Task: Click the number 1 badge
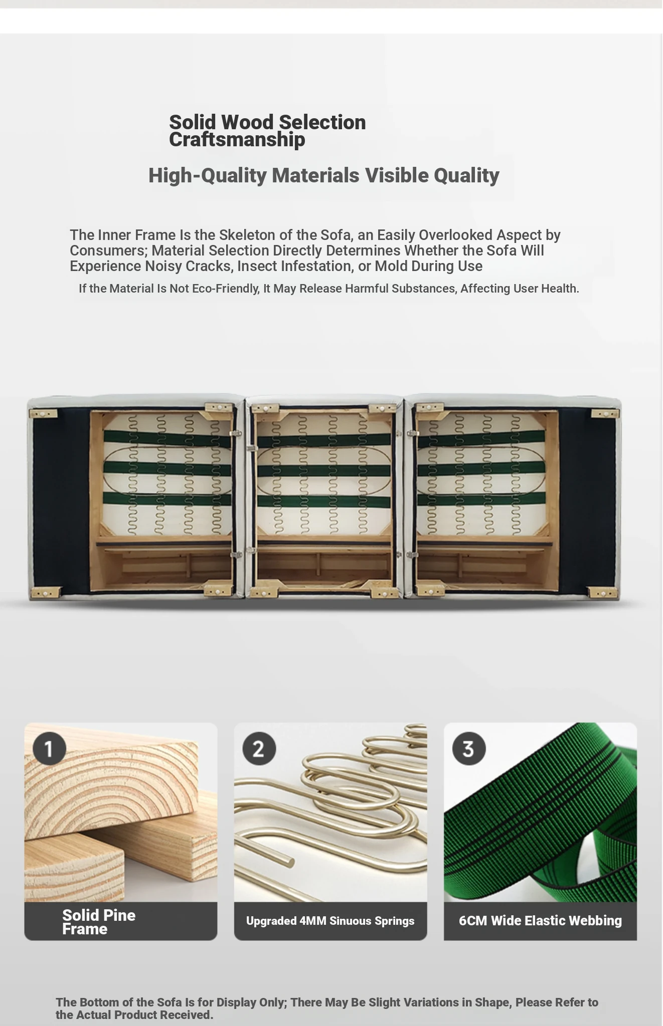pyautogui.click(x=49, y=748)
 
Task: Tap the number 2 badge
pyautogui.click(x=259, y=748)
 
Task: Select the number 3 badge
pyautogui.click(x=468, y=748)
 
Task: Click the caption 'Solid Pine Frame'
pyautogui.click(x=99, y=922)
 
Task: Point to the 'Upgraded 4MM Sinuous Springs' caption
pyautogui.click(x=330, y=921)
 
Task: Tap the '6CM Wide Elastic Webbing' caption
pyautogui.click(x=540, y=921)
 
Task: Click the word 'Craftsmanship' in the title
pyautogui.click(x=237, y=140)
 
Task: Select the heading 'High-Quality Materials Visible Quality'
pyautogui.click(x=323, y=175)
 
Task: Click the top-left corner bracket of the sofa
pyautogui.click(x=43, y=414)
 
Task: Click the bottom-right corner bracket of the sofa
pyautogui.click(x=603, y=593)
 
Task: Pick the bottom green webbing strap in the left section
pyautogui.click(x=168, y=499)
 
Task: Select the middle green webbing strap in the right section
pyautogui.click(x=481, y=470)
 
